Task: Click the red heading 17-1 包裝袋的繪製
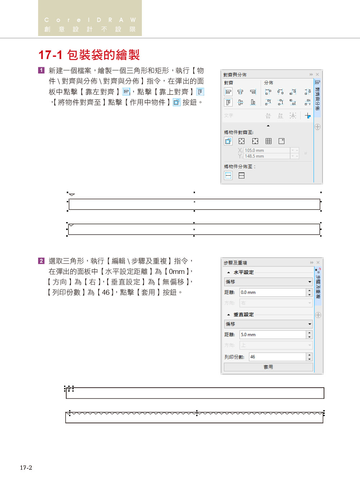(x=89, y=55)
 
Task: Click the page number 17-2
(x=26, y=468)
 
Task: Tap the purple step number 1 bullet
(x=41, y=71)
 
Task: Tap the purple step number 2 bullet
(x=41, y=261)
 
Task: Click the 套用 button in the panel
(x=268, y=367)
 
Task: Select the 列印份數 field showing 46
(x=277, y=357)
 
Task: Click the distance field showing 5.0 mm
(x=273, y=334)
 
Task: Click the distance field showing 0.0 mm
(x=273, y=292)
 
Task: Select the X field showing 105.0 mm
(x=267, y=150)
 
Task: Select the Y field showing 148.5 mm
(x=267, y=156)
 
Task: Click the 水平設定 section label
(x=244, y=272)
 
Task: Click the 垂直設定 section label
(x=244, y=315)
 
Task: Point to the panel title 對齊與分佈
(x=235, y=75)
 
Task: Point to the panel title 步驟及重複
(x=235, y=263)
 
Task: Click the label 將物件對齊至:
(x=239, y=132)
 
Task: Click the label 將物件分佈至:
(x=240, y=167)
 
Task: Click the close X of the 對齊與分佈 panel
(x=317, y=75)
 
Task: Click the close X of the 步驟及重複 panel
(x=318, y=263)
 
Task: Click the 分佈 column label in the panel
(x=269, y=83)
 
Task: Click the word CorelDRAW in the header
(x=90, y=20)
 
